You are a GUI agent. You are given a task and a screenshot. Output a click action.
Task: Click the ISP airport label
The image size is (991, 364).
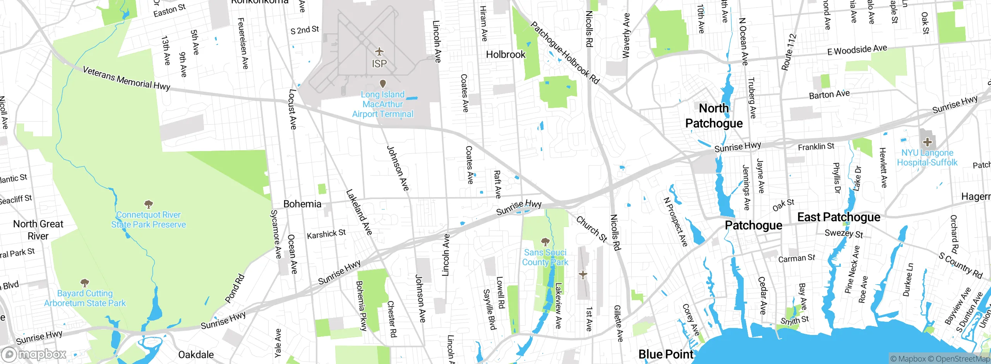[379, 64]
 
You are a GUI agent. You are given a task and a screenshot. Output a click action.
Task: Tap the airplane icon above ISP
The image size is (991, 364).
[379, 52]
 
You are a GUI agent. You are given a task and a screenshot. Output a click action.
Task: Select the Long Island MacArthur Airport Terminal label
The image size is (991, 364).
[382, 104]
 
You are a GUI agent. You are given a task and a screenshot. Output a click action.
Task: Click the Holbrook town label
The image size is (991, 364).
[506, 55]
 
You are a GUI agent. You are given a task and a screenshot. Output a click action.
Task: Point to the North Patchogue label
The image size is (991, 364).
[714, 116]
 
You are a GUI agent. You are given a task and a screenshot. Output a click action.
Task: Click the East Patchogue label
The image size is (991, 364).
[838, 217]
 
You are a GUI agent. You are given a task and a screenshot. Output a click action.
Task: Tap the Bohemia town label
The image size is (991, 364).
[302, 204]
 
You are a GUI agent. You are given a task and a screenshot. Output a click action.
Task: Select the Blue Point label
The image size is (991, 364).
[666, 354]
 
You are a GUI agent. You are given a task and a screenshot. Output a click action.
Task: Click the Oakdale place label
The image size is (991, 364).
[196, 355]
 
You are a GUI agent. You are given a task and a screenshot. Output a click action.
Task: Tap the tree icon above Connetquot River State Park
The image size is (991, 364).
[148, 204]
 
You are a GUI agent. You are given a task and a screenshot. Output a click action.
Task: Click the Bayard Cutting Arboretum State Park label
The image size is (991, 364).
[85, 298]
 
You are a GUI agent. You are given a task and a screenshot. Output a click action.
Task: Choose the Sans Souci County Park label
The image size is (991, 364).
[545, 257]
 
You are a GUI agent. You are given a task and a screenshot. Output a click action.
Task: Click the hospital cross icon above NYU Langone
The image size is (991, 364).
[927, 142]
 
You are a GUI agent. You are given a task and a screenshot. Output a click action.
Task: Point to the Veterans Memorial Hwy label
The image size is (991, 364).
[126, 79]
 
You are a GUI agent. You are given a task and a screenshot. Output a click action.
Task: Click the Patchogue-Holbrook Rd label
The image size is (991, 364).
[564, 53]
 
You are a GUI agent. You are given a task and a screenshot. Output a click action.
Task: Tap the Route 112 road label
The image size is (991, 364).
[789, 52]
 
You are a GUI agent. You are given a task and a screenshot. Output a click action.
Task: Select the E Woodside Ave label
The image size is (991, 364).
[857, 50]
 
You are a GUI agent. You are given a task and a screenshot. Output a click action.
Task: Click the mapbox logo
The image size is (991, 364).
[34, 354]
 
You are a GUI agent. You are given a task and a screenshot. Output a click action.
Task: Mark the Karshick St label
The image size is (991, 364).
[326, 234]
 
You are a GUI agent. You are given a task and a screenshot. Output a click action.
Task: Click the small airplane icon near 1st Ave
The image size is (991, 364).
[583, 275]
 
